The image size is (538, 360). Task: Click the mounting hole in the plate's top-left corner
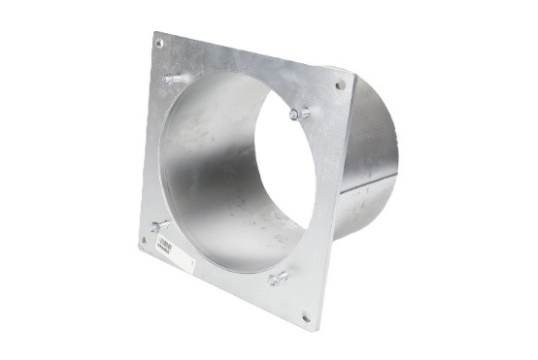159,43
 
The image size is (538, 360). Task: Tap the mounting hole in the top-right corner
340,85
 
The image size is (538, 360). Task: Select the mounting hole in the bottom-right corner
306,316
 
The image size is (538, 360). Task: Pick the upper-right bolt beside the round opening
299,115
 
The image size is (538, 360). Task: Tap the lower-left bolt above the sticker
158,226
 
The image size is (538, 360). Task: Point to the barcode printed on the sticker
166,243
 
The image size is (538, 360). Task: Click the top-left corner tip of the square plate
154,33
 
